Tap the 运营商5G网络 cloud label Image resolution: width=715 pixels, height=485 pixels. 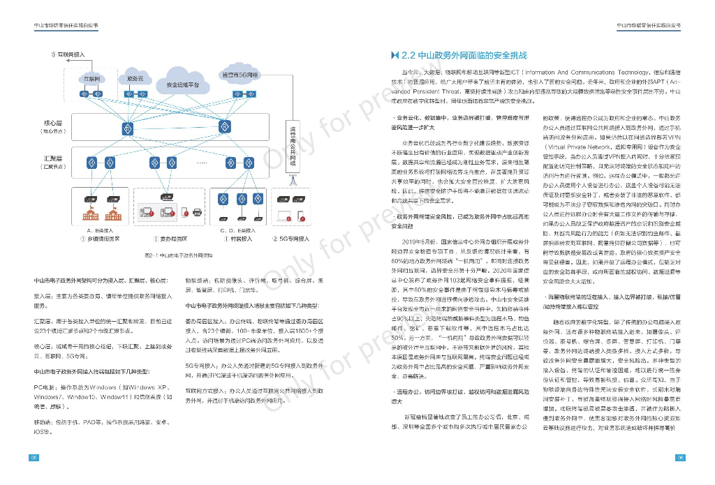239,75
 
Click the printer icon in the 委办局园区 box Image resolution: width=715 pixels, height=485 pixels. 196,211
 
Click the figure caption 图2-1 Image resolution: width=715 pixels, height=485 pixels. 163,255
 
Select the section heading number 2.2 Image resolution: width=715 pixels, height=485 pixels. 410,55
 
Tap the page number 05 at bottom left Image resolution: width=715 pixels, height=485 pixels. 33,458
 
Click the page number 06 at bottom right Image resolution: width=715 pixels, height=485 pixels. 680,458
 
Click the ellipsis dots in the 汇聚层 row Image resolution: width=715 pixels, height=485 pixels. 202,162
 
